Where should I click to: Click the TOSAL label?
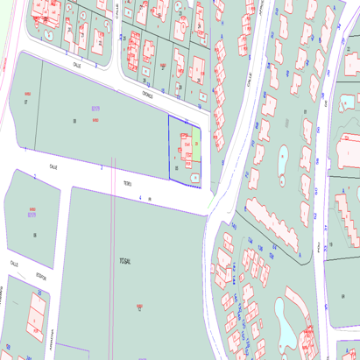point(124,262)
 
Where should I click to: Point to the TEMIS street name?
point(127,183)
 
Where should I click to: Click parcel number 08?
point(87,120)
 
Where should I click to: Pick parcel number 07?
point(25,102)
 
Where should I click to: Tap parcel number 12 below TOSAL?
point(139,307)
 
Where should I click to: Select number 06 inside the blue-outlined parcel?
point(178,166)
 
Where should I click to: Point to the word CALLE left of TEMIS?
point(53,165)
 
